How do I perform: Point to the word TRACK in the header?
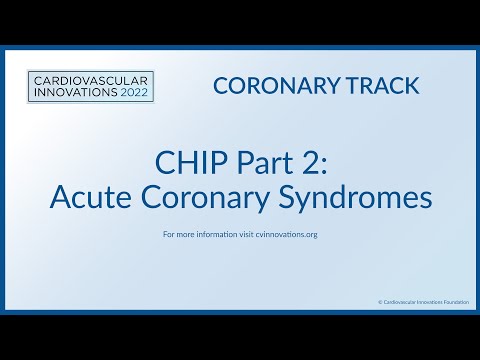pos(383,86)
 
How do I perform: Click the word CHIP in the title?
pos(185,162)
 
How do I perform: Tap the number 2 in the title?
pos(302,162)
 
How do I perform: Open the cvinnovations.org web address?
pos(288,236)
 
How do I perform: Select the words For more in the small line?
pos(178,236)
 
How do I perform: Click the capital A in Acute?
pos(60,197)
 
